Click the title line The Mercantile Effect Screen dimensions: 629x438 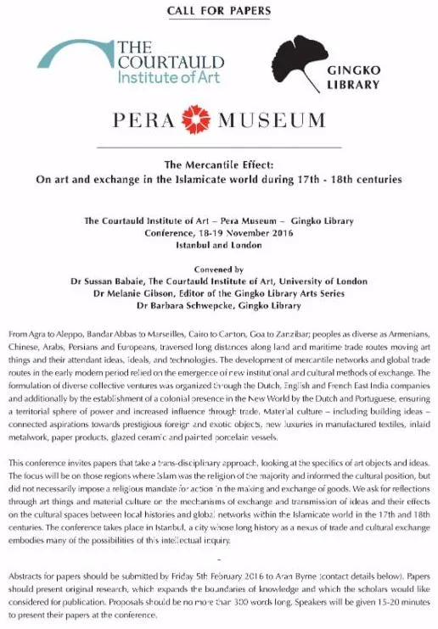pyautogui.click(x=219, y=166)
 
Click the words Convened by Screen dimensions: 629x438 pyautogui.click(x=219, y=269)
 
